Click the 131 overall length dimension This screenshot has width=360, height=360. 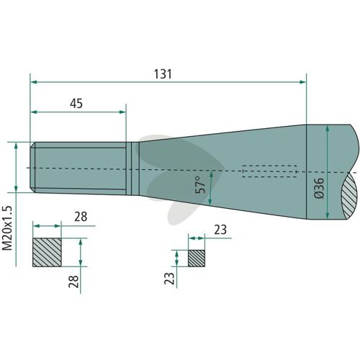point(163,74)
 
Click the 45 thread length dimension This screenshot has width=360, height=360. point(76,104)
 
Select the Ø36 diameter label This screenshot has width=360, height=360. point(319,188)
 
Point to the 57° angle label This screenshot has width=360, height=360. point(201,185)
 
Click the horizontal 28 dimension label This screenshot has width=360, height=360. point(81,217)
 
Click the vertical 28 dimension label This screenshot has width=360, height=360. point(73,282)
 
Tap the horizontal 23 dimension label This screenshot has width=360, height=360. point(220,230)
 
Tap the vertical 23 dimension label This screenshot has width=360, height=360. point(169,278)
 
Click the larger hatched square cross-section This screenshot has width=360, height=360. point(47,252)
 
